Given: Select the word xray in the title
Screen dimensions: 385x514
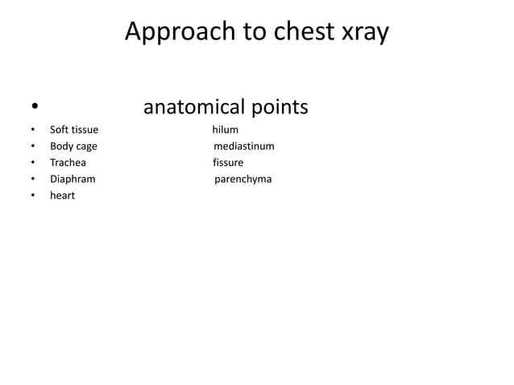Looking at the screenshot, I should [363, 32].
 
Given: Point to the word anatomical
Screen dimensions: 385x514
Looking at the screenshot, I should [193, 107].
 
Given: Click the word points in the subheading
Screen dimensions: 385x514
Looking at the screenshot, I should [279, 107].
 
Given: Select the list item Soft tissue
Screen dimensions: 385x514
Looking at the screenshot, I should [74, 129].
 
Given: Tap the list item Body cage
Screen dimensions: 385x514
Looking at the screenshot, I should [73, 146].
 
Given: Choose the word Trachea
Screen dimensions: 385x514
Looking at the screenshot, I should [68, 162].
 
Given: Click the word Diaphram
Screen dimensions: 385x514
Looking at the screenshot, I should [73, 179].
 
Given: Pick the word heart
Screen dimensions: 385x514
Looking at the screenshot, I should [62, 196].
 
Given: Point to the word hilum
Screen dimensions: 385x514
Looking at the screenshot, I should [226, 129].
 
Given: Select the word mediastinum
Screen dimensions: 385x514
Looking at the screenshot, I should [244, 146].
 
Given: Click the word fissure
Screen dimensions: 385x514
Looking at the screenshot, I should [228, 162].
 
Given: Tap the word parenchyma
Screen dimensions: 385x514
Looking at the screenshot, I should [243, 179].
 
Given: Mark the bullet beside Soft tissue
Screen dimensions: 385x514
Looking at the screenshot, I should [33, 130].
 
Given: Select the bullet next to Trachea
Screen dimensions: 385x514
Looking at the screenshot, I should [33, 163].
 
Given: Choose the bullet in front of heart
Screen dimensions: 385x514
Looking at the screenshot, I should [33, 196].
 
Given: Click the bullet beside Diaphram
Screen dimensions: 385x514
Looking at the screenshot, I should [33, 179].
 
